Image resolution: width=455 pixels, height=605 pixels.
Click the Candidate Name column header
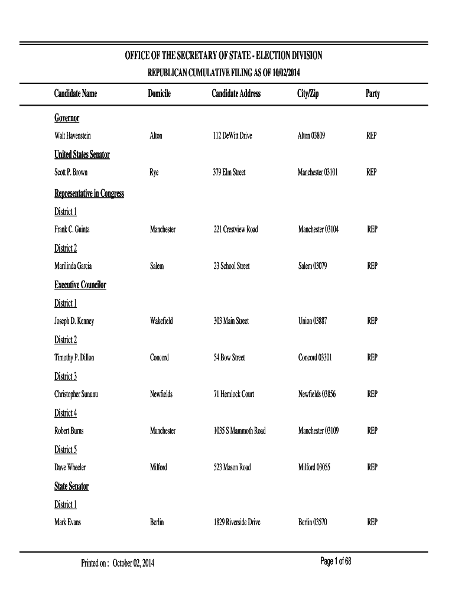(x=76, y=94)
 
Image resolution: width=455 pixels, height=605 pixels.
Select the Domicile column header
(x=160, y=94)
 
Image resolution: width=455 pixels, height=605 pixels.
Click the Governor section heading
(x=67, y=118)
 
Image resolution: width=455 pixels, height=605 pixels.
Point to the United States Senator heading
(x=82, y=155)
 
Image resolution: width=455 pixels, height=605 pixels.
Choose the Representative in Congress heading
(x=89, y=194)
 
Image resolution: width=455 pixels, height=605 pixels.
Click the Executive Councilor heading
(x=80, y=285)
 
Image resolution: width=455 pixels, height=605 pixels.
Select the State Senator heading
(x=71, y=486)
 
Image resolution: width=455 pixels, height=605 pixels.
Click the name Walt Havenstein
(x=73, y=136)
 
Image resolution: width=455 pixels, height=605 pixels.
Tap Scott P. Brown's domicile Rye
(x=154, y=173)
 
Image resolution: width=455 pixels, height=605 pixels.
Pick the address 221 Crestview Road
(x=235, y=229)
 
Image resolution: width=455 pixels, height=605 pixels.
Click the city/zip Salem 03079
(x=313, y=266)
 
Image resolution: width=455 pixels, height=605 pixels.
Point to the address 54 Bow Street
(x=229, y=358)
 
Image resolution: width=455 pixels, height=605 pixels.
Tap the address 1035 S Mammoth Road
(x=239, y=431)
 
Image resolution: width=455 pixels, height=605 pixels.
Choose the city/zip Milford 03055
(x=314, y=468)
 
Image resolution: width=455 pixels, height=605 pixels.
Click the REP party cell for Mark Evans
(x=372, y=522)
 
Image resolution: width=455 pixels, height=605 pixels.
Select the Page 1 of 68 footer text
(x=336, y=561)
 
